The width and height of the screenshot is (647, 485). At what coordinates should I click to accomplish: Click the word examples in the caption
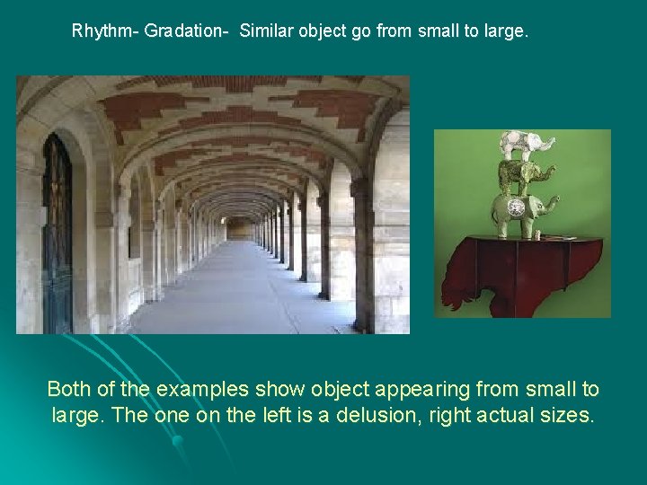pyautogui.click(x=203, y=390)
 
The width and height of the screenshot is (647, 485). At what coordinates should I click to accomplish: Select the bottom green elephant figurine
pyautogui.click(x=522, y=212)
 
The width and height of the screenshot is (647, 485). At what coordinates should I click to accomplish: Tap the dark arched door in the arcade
pyautogui.click(x=57, y=234)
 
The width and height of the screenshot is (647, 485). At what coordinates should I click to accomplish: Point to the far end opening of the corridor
pyautogui.click(x=241, y=228)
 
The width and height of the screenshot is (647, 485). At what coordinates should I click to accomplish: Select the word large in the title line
pyautogui.click(x=508, y=31)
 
